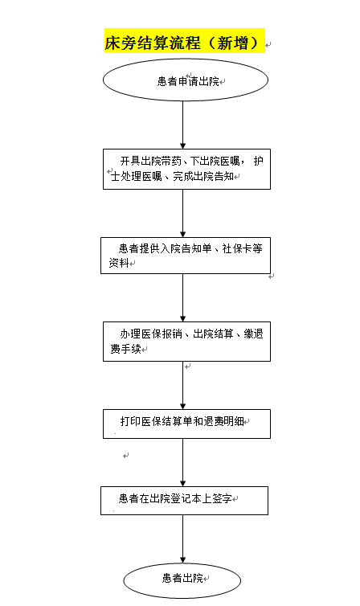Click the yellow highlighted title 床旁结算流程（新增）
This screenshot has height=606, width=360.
185,40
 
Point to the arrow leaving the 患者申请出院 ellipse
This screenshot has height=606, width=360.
183,125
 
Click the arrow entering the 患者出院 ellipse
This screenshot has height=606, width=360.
183,538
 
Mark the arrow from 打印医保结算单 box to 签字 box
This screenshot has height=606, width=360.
183,462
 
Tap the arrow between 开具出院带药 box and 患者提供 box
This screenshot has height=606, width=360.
183,213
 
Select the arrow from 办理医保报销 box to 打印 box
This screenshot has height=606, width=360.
183,386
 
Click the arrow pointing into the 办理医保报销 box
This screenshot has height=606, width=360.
183,297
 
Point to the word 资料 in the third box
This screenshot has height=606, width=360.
119,263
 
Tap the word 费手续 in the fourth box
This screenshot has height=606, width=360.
125,349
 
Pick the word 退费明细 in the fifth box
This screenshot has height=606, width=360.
223,421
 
